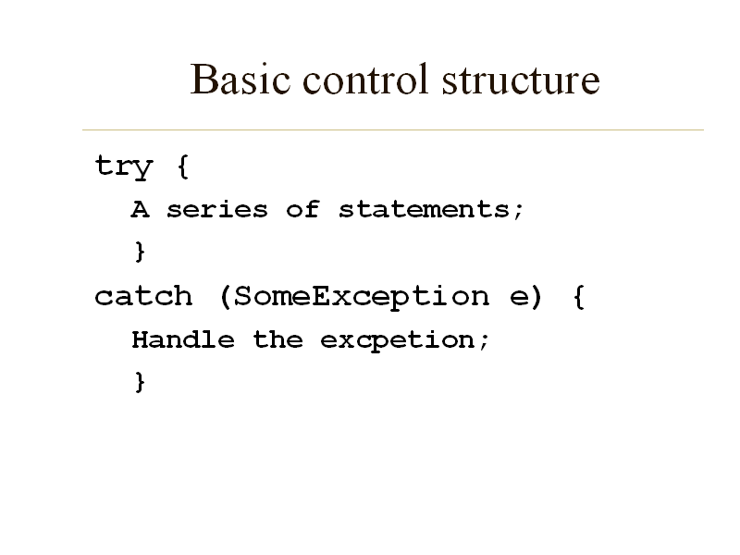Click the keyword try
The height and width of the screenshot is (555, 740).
123,167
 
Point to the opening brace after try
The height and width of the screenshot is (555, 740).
181,167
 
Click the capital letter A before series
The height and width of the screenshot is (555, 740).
140,209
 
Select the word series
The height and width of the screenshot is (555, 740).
216,209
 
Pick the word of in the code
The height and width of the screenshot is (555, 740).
302,209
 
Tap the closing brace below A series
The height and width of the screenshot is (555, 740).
140,252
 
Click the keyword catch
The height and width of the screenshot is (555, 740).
143,296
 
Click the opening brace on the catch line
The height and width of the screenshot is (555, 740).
578,296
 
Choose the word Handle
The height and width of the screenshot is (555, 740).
183,339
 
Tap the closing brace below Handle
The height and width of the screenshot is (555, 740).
140,381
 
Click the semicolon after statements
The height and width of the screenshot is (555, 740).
518,211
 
